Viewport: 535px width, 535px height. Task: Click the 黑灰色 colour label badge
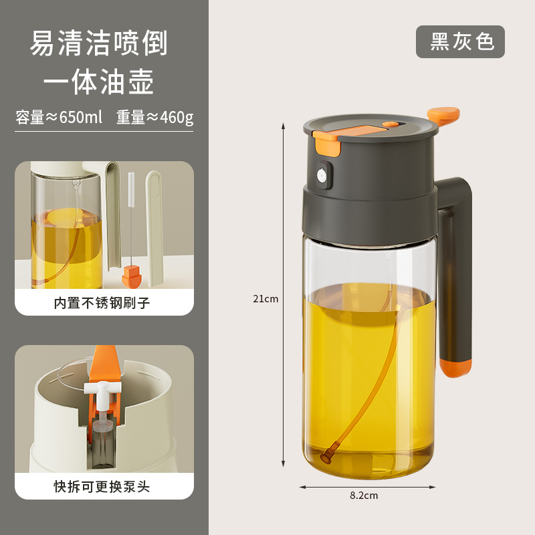point(460,41)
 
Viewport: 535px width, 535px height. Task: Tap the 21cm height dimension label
point(265,299)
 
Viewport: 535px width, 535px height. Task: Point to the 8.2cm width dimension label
point(364,496)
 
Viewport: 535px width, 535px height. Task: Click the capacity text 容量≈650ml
point(59,118)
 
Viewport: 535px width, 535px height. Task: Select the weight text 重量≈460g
point(154,118)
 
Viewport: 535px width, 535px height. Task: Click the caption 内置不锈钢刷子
point(102,303)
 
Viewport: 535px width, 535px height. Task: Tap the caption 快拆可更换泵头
point(102,486)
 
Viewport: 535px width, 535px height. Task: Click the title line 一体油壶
point(99,82)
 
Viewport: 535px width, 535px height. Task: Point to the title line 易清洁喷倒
point(99,43)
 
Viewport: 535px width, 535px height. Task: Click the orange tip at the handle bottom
point(455,366)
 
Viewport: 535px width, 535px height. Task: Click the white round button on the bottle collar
point(322,176)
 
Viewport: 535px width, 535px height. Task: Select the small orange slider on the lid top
point(389,124)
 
